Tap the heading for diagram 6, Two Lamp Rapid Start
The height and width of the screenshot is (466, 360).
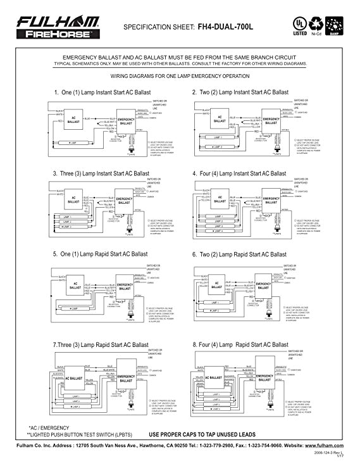[239, 254]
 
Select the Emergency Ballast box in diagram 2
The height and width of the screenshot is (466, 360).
[271, 122]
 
